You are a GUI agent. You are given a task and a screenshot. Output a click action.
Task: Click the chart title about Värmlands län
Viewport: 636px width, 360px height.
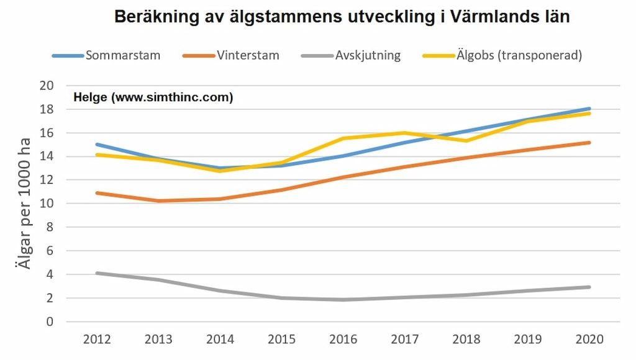point(342,17)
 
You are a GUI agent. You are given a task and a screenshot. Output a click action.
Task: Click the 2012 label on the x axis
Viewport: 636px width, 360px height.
point(96,340)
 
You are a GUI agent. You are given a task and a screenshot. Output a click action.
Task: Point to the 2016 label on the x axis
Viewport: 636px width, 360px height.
point(343,340)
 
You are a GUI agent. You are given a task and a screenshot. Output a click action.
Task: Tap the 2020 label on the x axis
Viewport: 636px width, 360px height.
point(589,340)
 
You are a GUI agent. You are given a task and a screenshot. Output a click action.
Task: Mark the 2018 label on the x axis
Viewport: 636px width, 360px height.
point(466,340)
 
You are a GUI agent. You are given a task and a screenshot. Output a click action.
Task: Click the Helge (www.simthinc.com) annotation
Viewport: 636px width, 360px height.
point(153,97)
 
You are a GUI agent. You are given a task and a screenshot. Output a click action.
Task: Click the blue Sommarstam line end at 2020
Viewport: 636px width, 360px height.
point(589,109)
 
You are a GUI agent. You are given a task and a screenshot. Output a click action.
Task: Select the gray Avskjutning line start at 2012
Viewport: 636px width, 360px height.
point(97,273)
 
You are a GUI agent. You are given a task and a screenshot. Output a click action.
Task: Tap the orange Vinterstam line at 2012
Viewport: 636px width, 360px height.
point(97,193)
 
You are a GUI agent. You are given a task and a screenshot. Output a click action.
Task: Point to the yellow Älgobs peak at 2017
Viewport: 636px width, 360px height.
point(404,133)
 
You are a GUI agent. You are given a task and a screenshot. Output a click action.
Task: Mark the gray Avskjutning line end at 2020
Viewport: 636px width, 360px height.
point(589,287)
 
